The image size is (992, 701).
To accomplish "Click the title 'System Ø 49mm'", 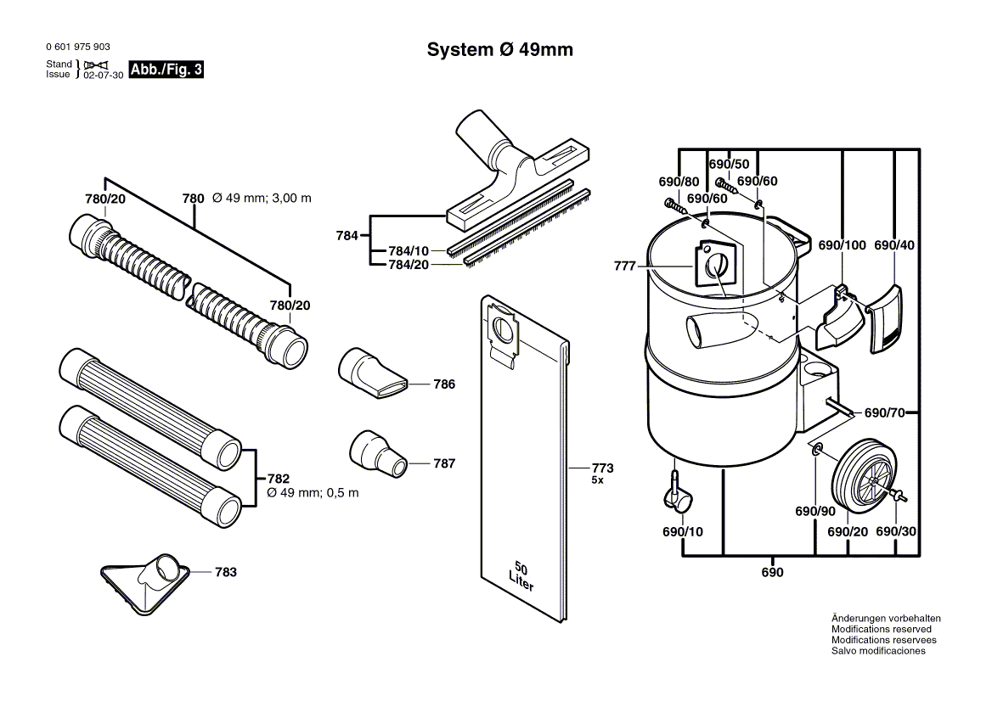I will pos(499,50).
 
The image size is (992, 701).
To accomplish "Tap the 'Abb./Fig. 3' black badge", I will pos(166,70).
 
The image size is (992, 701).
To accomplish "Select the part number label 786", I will pos(444,384).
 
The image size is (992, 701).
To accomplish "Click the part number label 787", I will pos(444,463).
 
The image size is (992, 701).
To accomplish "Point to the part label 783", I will pos(225,573).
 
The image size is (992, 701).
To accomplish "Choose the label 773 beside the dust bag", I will pos(602,468).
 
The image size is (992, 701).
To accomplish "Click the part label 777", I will pos(624,266).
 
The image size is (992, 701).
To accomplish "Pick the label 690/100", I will pos(842,245).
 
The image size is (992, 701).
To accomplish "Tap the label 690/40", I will pos(894,245).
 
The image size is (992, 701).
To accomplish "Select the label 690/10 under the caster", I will pos(682,532).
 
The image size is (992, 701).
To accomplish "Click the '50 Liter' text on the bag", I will pos(521,575).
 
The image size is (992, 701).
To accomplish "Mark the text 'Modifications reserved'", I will pos(881,629).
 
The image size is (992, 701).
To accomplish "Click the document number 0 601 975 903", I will pos(77,48).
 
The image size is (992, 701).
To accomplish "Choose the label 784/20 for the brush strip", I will pos(409,265).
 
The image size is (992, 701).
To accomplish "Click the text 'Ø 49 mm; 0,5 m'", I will pos(313,493).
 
